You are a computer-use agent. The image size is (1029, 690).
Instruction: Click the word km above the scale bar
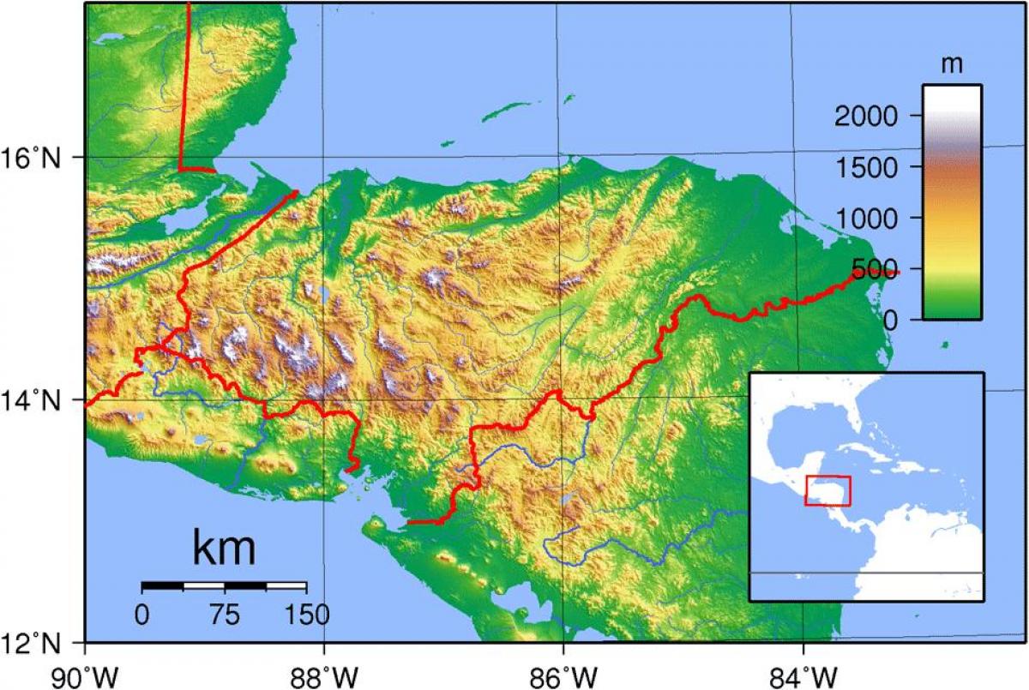(224, 549)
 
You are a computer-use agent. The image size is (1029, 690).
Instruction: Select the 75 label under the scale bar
(225, 614)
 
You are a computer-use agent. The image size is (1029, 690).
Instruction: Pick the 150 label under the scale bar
(306, 614)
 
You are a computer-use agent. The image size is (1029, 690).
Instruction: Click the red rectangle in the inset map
(827, 490)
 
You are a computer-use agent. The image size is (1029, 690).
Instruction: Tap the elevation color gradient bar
(952, 202)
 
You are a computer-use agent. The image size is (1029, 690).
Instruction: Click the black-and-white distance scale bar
(224, 586)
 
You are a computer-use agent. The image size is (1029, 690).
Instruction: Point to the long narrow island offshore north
(507, 111)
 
